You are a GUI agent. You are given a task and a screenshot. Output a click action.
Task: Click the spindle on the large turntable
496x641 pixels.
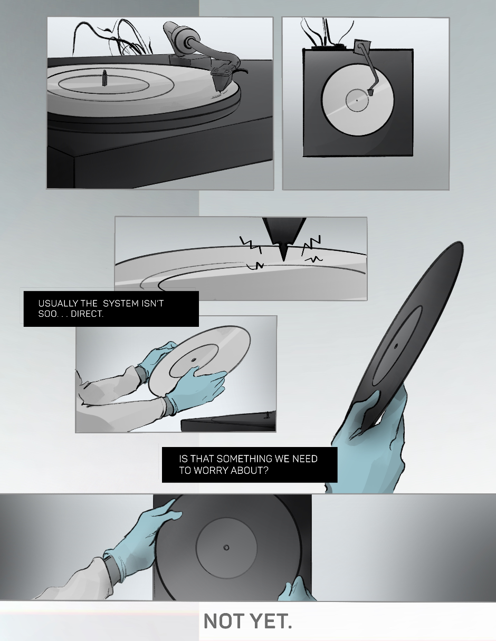click(x=104, y=78)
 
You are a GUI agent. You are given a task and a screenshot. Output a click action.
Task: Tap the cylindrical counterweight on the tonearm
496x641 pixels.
click(x=177, y=34)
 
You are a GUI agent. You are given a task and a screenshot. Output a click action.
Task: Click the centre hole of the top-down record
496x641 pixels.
click(x=357, y=100)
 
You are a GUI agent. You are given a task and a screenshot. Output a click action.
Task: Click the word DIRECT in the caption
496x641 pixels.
click(x=87, y=314)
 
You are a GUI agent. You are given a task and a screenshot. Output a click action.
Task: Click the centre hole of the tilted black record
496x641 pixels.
click(x=396, y=346)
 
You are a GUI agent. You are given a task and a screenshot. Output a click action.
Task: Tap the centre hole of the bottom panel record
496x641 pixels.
click(x=226, y=548)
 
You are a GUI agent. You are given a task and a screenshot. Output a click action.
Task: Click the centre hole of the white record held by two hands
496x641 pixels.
click(x=194, y=360)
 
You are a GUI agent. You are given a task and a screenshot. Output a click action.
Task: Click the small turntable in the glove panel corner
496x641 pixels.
click(x=228, y=421)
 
